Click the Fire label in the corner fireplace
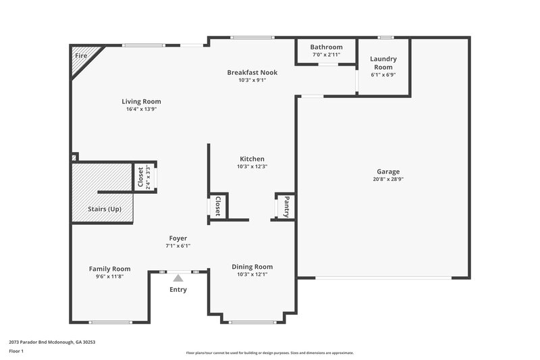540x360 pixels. (x=81, y=55)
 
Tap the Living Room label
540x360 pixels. (x=143, y=101)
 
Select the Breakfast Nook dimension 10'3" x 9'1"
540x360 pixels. (x=252, y=80)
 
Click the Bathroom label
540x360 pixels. (x=326, y=47)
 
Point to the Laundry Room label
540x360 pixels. (x=383, y=63)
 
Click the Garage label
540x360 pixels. (x=388, y=172)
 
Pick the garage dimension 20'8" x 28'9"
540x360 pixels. (x=388, y=179)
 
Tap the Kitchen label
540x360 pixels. (x=252, y=159)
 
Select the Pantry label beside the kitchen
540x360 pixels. (x=286, y=205)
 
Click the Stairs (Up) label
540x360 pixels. (x=105, y=209)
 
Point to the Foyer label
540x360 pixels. (x=178, y=238)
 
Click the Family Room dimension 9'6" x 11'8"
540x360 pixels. (x=109, y=276)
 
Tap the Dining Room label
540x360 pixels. (x=252, y=266)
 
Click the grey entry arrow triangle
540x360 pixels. (x=178, y=277)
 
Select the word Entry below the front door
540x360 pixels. (x=178, y=290)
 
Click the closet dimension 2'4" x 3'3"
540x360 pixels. (x=148, y=178)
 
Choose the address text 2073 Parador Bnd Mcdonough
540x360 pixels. (x=52, y=342)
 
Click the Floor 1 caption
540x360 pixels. (x=17, y=352)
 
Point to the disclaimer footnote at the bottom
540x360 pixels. (x=269, y=353)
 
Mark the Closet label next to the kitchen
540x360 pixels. (x=217, y=206)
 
